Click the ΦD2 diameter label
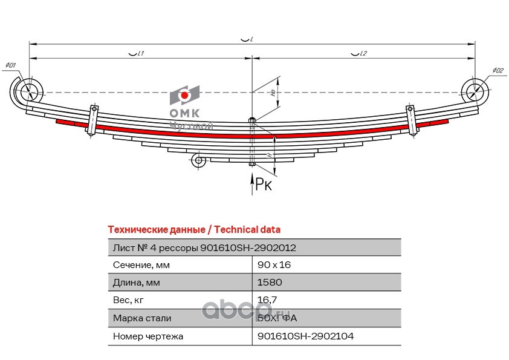497,71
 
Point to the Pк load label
264,184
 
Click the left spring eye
28,93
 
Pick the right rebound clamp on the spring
412,120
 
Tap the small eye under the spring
197,160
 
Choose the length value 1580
270,283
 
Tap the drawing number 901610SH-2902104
305,336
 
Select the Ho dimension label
273,93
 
